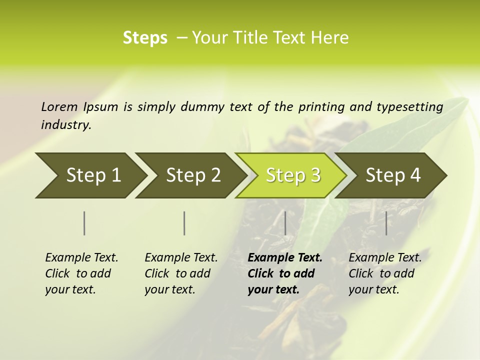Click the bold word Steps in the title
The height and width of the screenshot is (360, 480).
pyautogui.click(x=145, y=38)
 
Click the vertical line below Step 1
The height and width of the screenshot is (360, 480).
pyautogui.click(x=84, y=223)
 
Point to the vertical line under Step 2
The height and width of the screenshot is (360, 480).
pyautogui.click(x=184, y=223)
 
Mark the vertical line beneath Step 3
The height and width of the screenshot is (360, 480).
pyautogui.click(x=285, y=223)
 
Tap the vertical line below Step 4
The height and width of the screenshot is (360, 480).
pyautogui.click(x=386, y=223)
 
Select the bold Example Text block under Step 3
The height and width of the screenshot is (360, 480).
pyautogui.click(x=285, y=273)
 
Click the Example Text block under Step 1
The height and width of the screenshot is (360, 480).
pyautogui.click(x=81, y=273)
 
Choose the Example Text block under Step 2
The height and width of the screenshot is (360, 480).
pyautogui.click(x=181, y=273)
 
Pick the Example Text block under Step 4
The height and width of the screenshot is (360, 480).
pyautogui.click(x=385, y=273)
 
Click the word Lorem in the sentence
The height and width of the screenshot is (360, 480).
pyautogui.click(x=59, y=106)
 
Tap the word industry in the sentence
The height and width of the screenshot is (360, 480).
pyautogui.click(x=66, y=125)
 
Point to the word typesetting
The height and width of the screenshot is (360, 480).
pyautogui.click(x=409, y=107)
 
